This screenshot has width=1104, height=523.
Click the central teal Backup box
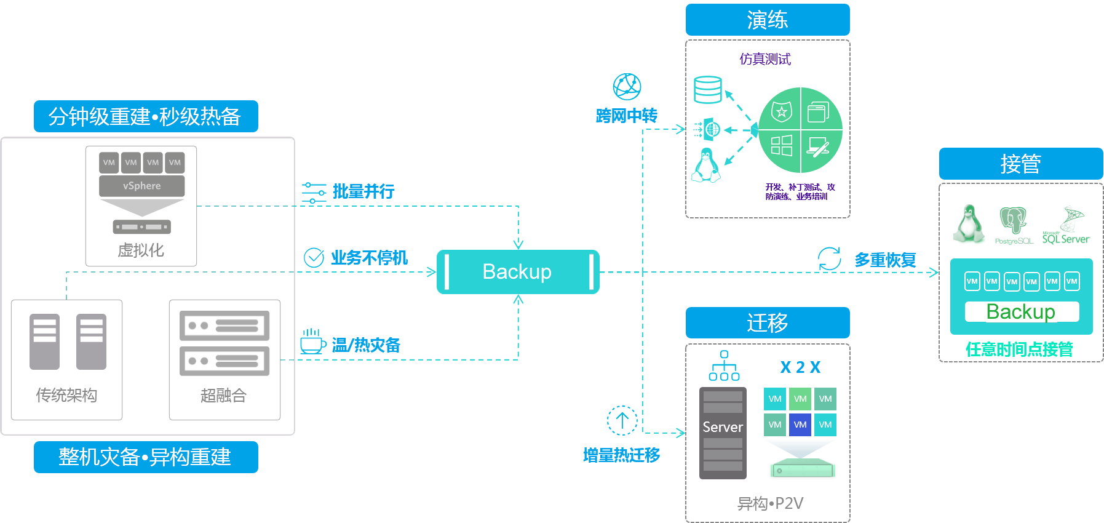point(517,271)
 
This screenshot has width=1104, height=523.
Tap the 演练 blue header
point(767,20)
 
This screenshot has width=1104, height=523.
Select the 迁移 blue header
point(767,322)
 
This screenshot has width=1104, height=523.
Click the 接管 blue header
point(1020,164)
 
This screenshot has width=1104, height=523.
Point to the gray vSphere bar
point(141,186)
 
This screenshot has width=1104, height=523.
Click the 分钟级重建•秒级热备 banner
point(146,116)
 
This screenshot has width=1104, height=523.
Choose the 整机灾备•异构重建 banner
point(146,457)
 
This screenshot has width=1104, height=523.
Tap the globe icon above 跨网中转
point(627,87)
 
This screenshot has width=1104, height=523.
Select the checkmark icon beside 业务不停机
point(314,257)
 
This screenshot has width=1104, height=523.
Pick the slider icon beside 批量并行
point(314,193)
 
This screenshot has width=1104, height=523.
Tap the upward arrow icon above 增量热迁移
point(622,420)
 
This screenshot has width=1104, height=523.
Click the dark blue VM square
point(800,425)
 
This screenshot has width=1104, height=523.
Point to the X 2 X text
point(800,367)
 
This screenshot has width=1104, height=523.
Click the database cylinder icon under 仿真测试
point(707,90)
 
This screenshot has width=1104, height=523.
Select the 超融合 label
point(223,395)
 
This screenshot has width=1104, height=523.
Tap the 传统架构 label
point(66,395)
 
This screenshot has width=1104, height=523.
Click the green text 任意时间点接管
point(1019,349)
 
